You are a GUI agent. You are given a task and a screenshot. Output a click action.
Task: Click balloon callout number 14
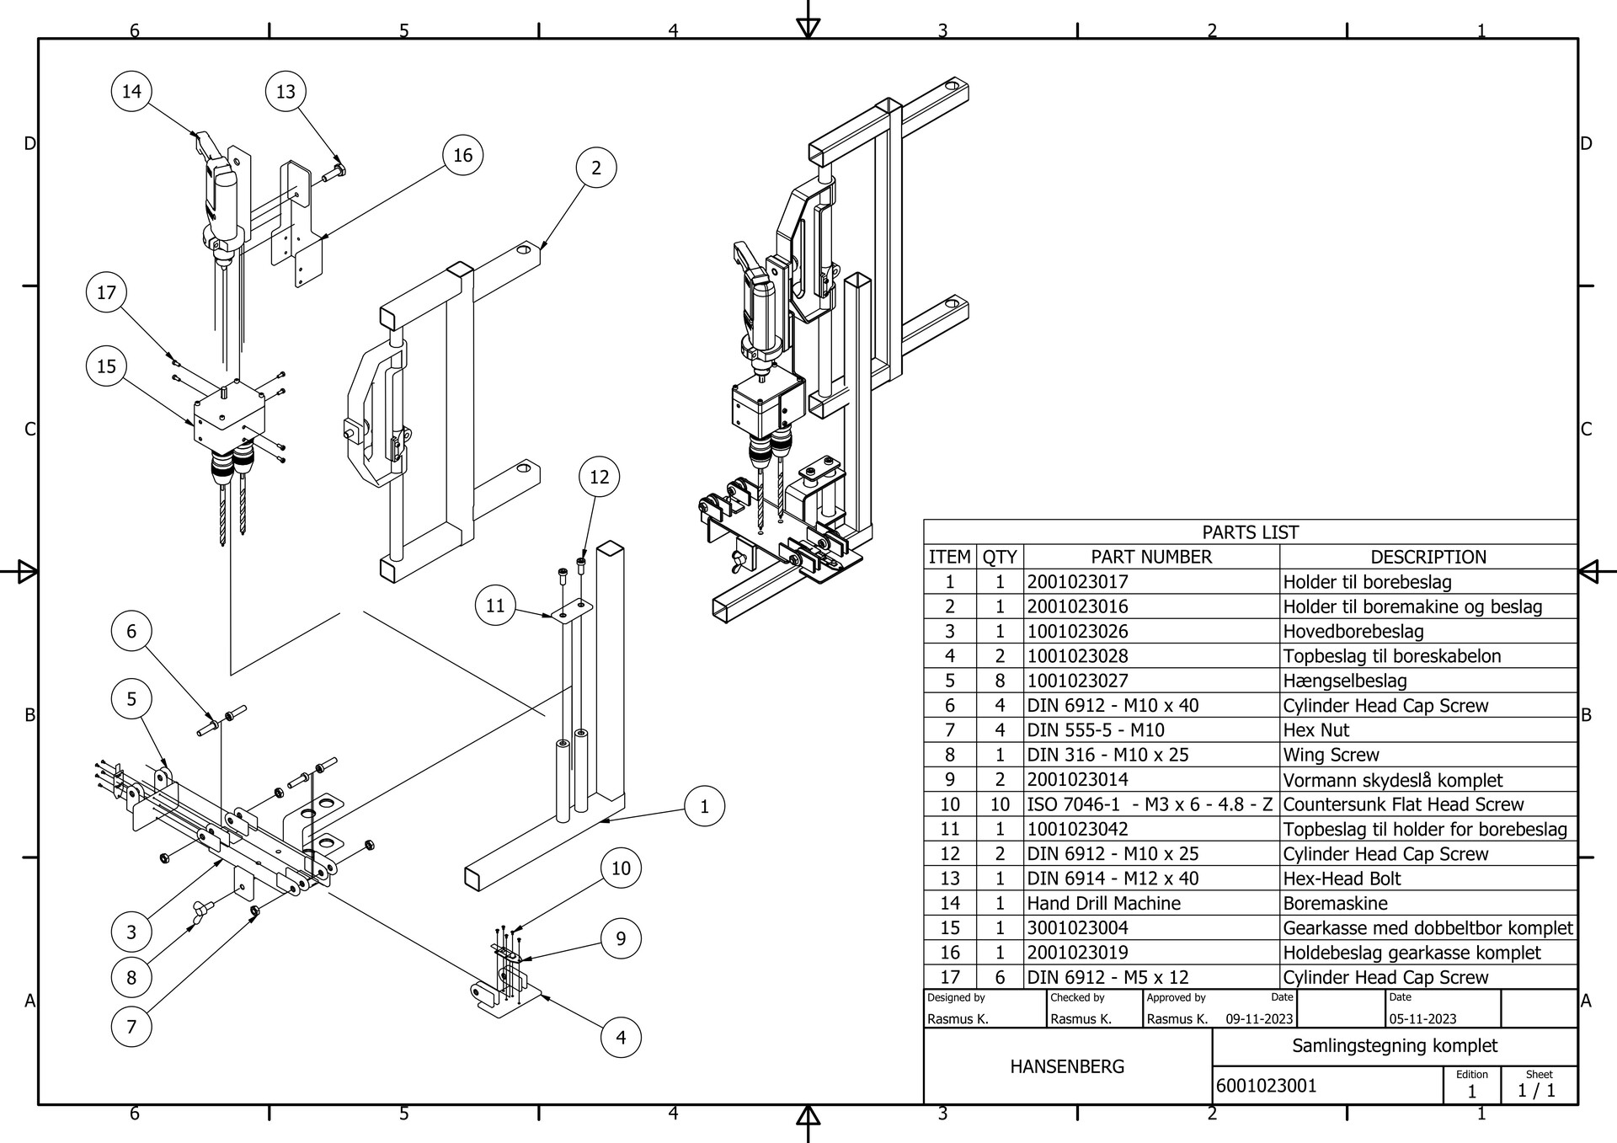pos(131,91)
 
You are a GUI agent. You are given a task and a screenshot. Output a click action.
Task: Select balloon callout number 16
pos(462,155)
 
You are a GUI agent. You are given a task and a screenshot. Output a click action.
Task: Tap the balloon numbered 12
pos(599,477)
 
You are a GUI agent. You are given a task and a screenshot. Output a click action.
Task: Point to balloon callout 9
pos(621,938)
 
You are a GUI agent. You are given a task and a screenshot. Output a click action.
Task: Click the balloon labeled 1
pos(704,806)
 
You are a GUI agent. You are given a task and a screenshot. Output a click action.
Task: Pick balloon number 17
pos(106,292)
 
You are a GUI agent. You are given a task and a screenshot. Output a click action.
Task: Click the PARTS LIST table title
pos(1250,532)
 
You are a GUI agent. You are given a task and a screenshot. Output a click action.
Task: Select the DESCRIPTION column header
pos(1428,557)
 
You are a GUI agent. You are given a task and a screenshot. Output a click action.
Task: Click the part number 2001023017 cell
pos(1077,582)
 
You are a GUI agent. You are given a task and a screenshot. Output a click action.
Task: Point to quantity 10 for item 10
pos(1000,804)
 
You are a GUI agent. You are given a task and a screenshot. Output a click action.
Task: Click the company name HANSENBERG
pos(1067,1066)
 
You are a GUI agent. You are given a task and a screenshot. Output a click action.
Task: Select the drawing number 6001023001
pos(1266,1086)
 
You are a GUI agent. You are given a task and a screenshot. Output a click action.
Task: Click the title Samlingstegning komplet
pos(1395,1046)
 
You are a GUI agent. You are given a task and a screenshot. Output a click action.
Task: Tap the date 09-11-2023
pos(1259,1018)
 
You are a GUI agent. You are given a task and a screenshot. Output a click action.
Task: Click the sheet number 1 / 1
pos(1536,1091)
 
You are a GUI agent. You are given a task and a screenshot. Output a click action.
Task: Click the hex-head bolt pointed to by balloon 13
pos(334,173)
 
